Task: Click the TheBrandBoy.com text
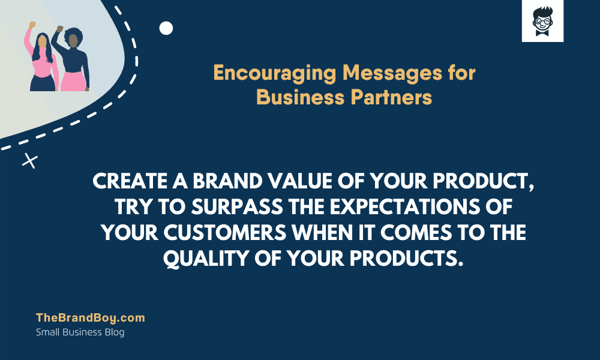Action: pos(91,318)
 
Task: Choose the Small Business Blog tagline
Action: pos(80,332)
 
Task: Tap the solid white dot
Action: pos(166,28)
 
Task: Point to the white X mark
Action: pos(29,160)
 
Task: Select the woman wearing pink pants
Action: pos(72,60)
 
